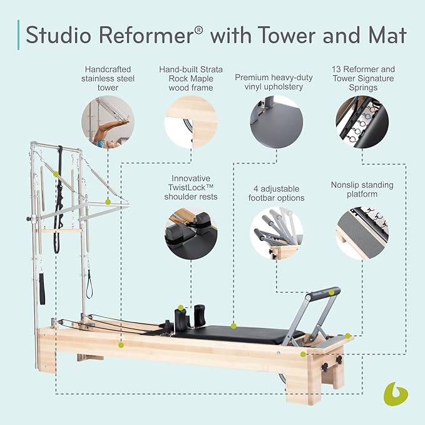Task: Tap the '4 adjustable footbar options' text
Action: point(276,193)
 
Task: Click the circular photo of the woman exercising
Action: point(107,124)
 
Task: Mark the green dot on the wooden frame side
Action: point(121,344)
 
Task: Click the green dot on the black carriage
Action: point(233,325)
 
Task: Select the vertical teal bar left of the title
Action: point(18,35)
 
